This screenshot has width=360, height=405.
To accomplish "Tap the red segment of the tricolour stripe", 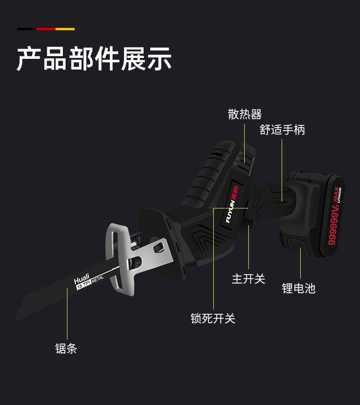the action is (46, 29).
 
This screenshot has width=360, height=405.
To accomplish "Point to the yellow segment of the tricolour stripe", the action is (65, 29).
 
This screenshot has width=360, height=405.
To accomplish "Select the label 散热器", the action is (245, 114).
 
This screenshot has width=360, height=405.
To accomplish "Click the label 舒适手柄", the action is (282, 130).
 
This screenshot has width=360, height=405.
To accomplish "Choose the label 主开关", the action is (248, 279).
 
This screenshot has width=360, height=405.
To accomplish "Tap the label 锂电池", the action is (298, 288).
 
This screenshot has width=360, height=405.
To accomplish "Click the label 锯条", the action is (66, 349).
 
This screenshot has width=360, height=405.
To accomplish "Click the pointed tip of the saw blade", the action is (17, 317).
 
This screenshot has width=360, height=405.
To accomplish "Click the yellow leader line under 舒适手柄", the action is (282, 169).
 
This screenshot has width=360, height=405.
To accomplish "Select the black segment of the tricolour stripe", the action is (26, 29).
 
